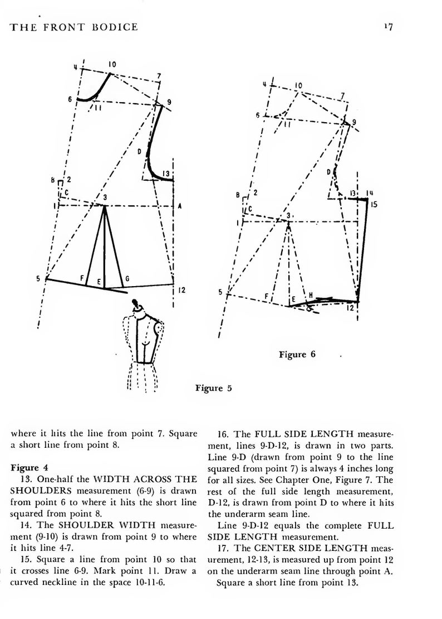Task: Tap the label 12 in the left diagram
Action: tap(182, 289)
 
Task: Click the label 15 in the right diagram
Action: tap(374, 205)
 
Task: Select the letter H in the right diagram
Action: tap(311, 295)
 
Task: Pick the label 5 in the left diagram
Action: tap(39, 279)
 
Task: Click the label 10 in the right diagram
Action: tap(298, 85)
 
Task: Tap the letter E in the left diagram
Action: tap(99, 282)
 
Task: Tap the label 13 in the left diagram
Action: tap(165, 173)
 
